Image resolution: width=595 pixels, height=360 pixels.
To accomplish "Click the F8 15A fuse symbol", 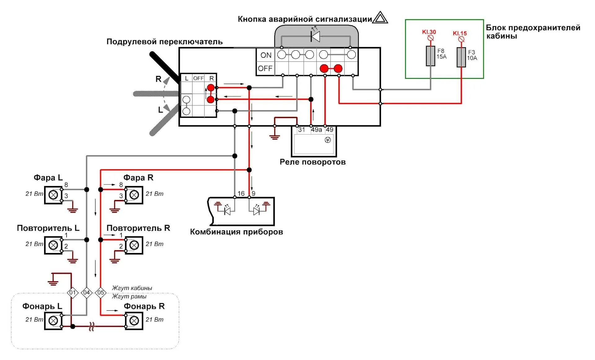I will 430,56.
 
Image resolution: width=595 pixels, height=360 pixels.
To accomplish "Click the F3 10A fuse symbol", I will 461,57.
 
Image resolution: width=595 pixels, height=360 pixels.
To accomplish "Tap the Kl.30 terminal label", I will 429,32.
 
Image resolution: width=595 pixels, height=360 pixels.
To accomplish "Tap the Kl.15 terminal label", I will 460,33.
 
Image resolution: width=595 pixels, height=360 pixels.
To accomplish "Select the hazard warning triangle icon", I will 380,18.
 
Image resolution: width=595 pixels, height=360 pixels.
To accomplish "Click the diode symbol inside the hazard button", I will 315,36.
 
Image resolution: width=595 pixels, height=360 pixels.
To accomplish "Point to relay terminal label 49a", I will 316,130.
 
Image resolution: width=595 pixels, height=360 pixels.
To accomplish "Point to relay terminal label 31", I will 302,130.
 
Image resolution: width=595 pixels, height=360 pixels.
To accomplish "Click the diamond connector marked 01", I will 73,292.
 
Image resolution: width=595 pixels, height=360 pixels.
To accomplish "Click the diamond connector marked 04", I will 86,292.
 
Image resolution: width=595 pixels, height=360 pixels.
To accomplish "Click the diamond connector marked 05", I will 101,292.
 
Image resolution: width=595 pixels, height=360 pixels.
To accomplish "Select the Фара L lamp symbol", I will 53,195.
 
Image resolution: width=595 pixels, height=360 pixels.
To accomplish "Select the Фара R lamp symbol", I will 134,195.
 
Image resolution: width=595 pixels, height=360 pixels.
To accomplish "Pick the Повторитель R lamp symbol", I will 134,245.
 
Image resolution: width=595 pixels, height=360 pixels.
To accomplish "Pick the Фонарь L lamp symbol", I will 53,321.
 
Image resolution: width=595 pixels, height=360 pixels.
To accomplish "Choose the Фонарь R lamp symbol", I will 134,321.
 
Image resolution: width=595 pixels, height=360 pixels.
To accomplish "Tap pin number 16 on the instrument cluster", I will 241,193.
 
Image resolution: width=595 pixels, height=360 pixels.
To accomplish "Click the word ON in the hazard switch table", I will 266,55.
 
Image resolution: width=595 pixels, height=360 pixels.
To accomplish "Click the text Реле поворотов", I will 312,162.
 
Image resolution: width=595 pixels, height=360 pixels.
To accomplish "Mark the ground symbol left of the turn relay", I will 275,136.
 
